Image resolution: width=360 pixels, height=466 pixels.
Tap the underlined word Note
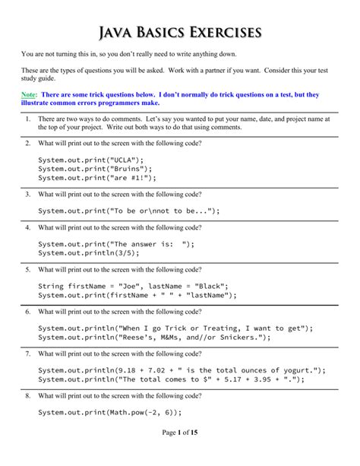(x=28, y=95)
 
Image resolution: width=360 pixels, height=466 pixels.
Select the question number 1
(x=27, y=119)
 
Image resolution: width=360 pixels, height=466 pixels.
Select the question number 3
(x=27, y=194)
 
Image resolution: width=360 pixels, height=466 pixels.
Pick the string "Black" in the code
(x=199, y=287)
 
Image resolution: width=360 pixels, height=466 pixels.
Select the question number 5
(x=27, y=269)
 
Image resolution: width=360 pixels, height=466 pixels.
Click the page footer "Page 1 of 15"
(x=179, y=453)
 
